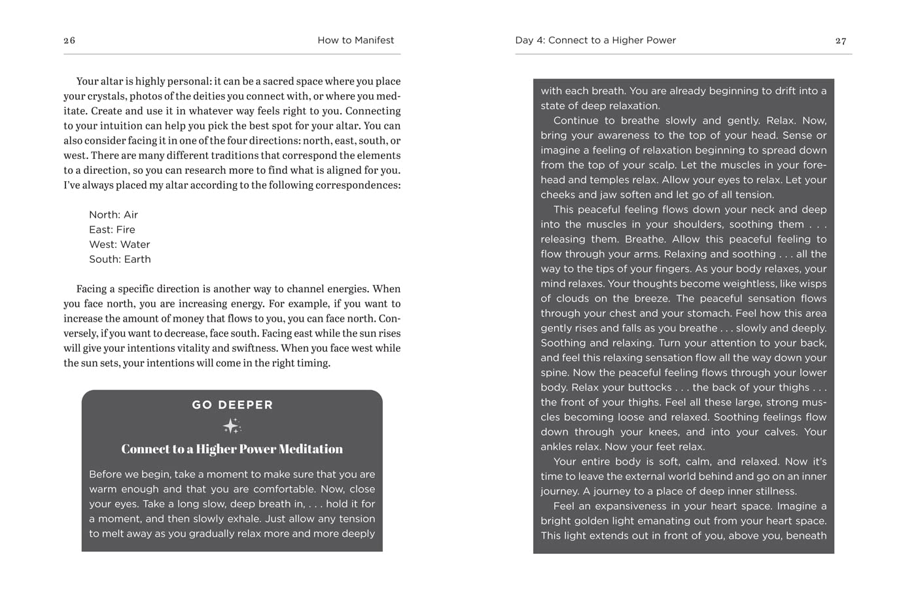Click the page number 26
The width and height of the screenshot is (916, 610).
(69, 41)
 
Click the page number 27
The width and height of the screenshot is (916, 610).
(841, 41)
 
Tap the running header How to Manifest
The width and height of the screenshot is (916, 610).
(355, 40)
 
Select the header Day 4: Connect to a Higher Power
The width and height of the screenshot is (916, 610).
(595, 40)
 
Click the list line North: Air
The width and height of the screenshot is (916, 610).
(113, 214)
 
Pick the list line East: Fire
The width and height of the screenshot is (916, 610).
(112, 229)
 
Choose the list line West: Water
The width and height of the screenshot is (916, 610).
(119, 245)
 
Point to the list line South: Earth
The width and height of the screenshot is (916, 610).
(120, 259)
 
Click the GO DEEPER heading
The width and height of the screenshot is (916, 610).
(232, 405)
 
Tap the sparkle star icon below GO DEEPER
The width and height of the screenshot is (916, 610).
(232, 426)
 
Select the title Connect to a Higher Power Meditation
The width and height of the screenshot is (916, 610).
(232, 449)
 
